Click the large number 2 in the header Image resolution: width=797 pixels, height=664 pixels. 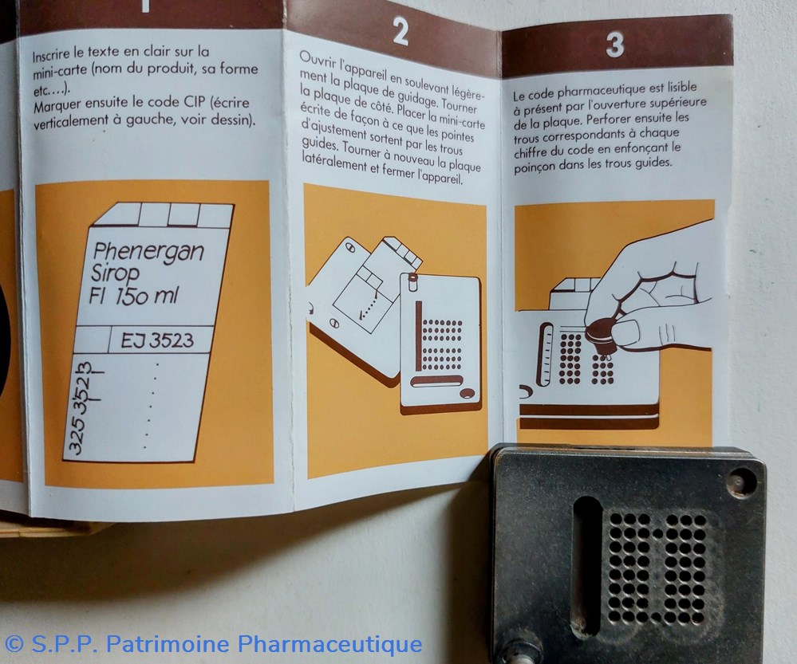pyautogui.click(x=400, y=32)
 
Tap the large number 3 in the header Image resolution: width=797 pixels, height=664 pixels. pyautogui.click(x=615, y=44)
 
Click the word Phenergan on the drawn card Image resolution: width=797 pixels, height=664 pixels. pyautogui.click(x=148, y=253)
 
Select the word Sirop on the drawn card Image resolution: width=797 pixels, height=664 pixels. pyautogui.click(x=115, y=273)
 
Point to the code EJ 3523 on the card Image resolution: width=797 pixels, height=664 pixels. pyautogui.click(x=157, y=340)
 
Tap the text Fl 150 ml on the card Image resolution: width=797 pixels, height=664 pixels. pyautogui.click(x=134, y=296)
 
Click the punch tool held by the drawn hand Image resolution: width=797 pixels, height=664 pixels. pyautogui.click(x=600, y=336)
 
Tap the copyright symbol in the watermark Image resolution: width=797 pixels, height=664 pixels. pyautogui.click(x=14, y=644)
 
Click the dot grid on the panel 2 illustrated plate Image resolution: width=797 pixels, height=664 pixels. pyautogui.click(x=443, y=345)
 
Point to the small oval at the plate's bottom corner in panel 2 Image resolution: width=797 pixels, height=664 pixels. pyautogui.click(x=467, y=393)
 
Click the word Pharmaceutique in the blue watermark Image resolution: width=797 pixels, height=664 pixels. pyautogui.click(x=330, y=645)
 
